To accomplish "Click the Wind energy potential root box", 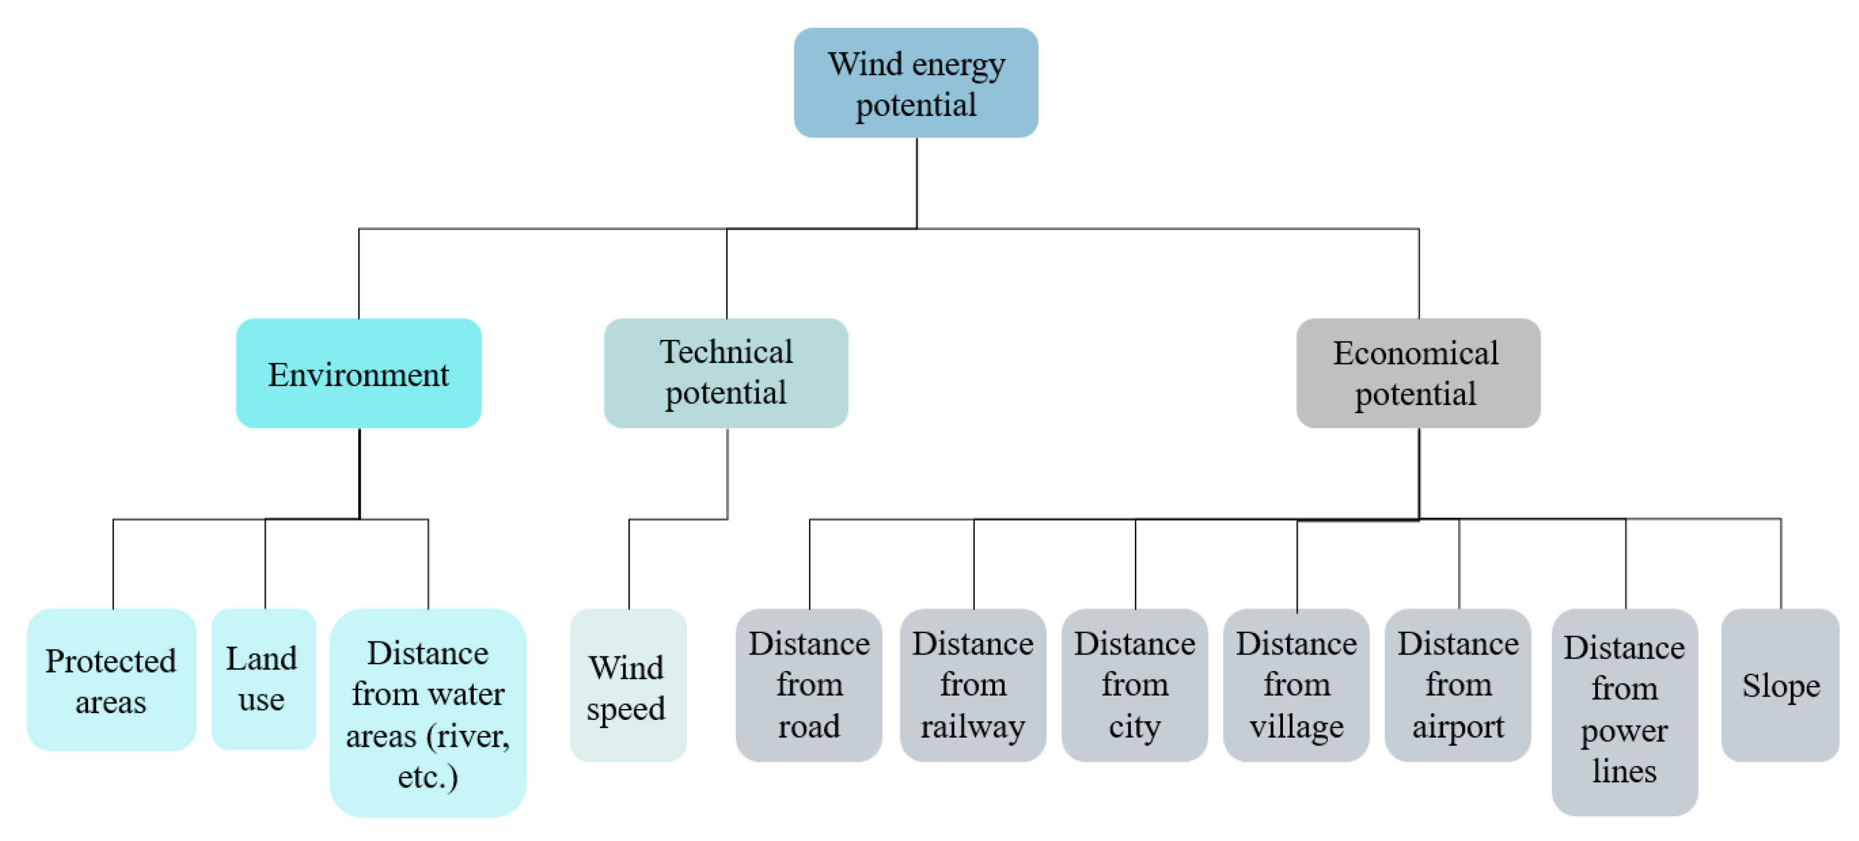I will pyautogui.click(x=916, y=83).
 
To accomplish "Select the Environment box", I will pyautogui.click(x=359, y=373).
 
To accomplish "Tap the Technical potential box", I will pyautogui.click(x=726, y=373).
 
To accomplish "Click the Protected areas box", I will pyautogui.click(x=111, y=680).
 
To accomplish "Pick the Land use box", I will pyautogui.click(x=263, y=678).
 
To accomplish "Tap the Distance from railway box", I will pyautogui.click(x=973, y=685).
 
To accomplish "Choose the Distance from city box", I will pyautogui.click(x=1135, y=685).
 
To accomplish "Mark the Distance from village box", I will pyautogui.click(x=1296, y=685).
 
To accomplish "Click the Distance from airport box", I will pyautogui.click(x=1458, y=685).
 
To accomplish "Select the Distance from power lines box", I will pyautogui.click(x=1625, y=712).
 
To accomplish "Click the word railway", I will pyautogui.click(x=973, y=726).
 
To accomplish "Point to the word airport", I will pyautogui.click(x=1458, y=726).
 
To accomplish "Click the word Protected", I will pyautogui.click(x=110, y=661).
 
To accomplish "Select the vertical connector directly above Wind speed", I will pyautogui.click(x=630, y=564).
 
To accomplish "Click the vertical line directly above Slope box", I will pyautogui.click(x=1781, y=564).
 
